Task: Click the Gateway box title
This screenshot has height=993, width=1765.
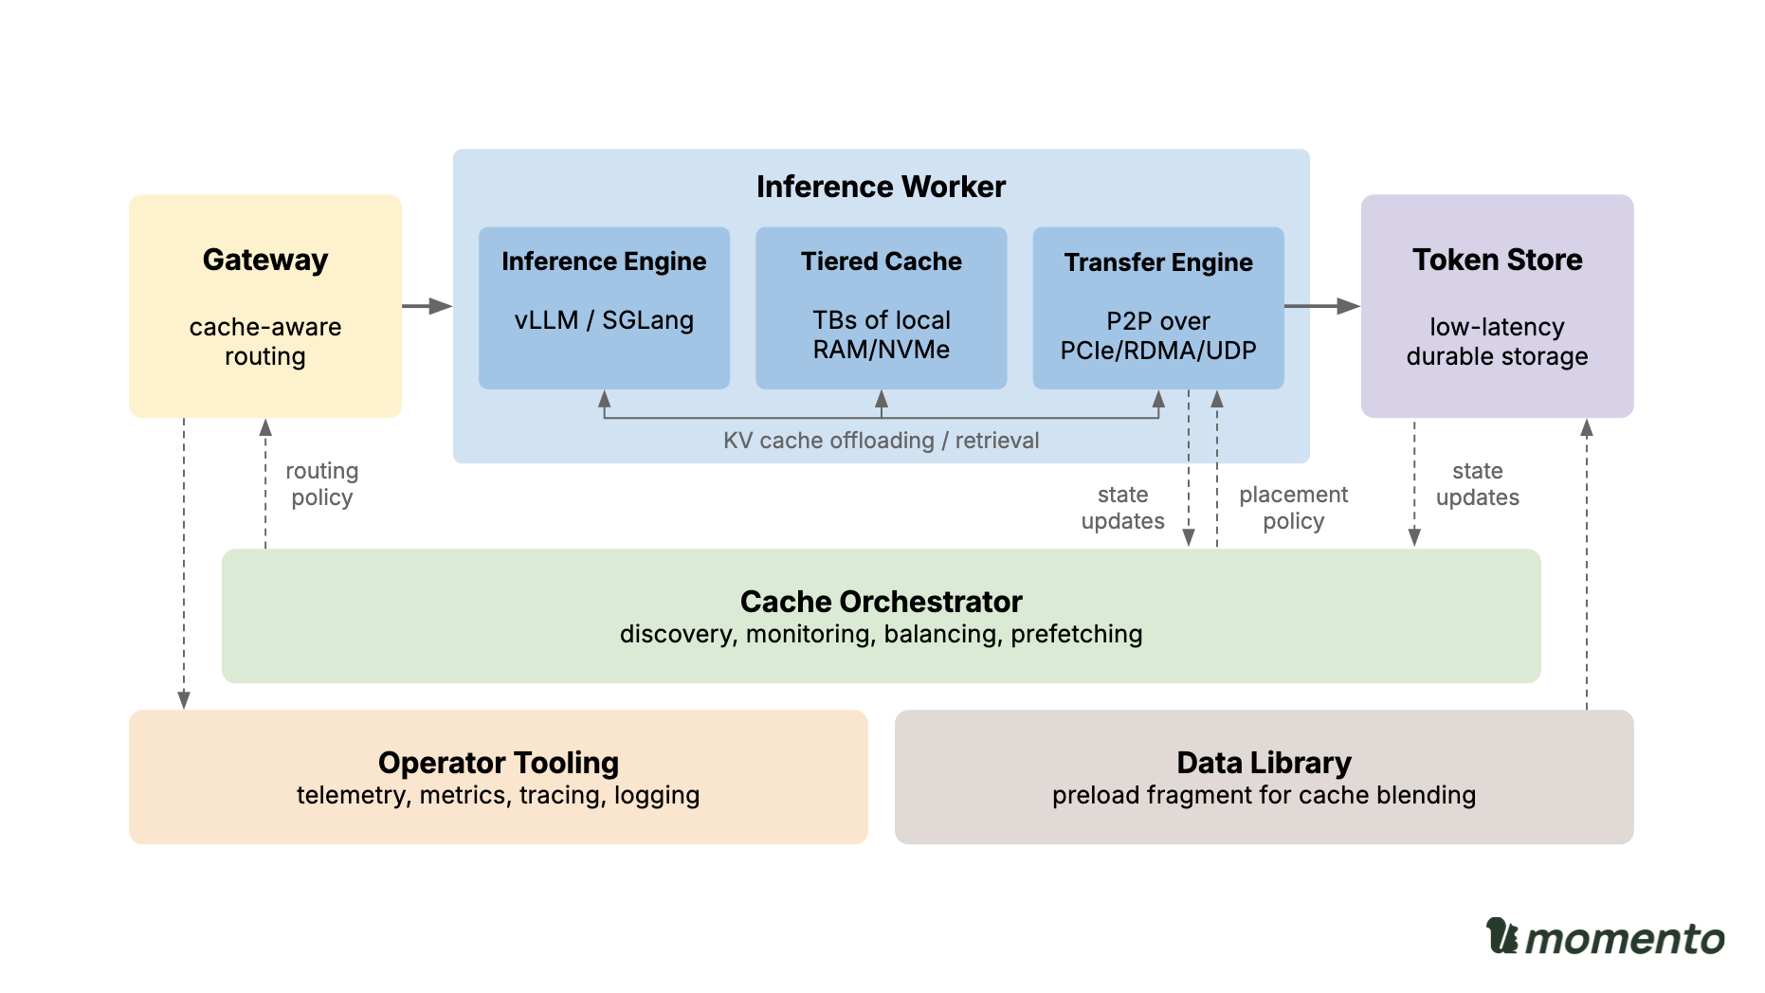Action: point(265,260)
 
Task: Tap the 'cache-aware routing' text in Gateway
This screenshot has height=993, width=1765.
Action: point(265,341)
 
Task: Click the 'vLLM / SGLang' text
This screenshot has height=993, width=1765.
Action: point(604,320)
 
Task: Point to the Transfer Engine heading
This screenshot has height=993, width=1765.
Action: point(1157,262)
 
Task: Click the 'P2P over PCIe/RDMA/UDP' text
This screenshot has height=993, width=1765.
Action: point(1157,335)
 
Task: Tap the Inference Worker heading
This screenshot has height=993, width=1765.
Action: point(881,187)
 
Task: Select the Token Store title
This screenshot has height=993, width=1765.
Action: point(1497,260)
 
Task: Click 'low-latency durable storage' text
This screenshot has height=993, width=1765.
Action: point(1497,341)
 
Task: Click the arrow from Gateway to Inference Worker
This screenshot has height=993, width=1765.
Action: point(427,306)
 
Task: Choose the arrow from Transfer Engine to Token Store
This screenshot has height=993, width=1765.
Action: point(1321,306)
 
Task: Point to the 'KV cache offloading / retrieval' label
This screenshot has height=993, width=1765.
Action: point(881,441)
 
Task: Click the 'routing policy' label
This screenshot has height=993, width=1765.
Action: point(321,484)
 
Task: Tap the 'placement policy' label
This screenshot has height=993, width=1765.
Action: point(1293,508)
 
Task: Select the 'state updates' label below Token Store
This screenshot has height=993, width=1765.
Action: point(1477,484)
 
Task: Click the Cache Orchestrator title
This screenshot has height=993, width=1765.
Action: point(881,602)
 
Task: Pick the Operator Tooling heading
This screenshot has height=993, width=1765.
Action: point(498,763)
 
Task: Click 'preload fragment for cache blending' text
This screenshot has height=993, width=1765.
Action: point(1264,795)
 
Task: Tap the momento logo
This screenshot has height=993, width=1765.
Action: point(1605,938)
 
